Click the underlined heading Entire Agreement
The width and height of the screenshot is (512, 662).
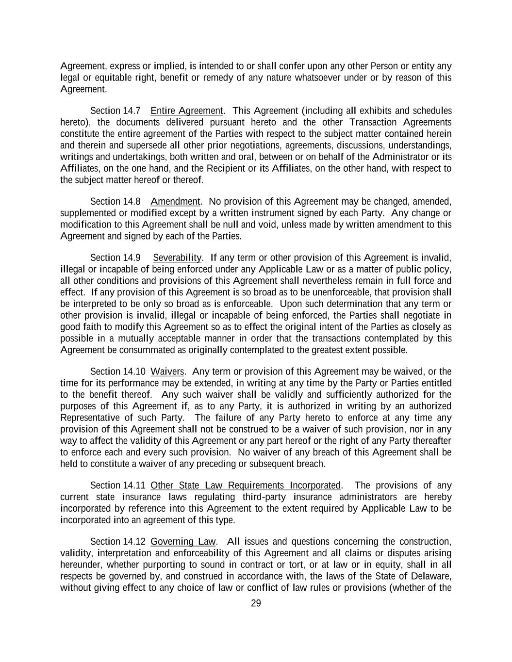pos(186,111)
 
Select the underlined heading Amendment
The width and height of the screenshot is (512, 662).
pos(175,201)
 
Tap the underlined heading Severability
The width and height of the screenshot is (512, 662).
pos(177,258)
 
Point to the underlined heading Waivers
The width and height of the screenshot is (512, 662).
pos(167,371)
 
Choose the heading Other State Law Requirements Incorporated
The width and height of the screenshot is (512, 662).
pos(246,485)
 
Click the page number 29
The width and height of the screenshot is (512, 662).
pos(256,603)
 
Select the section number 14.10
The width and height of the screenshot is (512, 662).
pos(134,371)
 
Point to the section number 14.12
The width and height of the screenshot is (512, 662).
pos(134,541)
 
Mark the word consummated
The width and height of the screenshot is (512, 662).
pos(138,350)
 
